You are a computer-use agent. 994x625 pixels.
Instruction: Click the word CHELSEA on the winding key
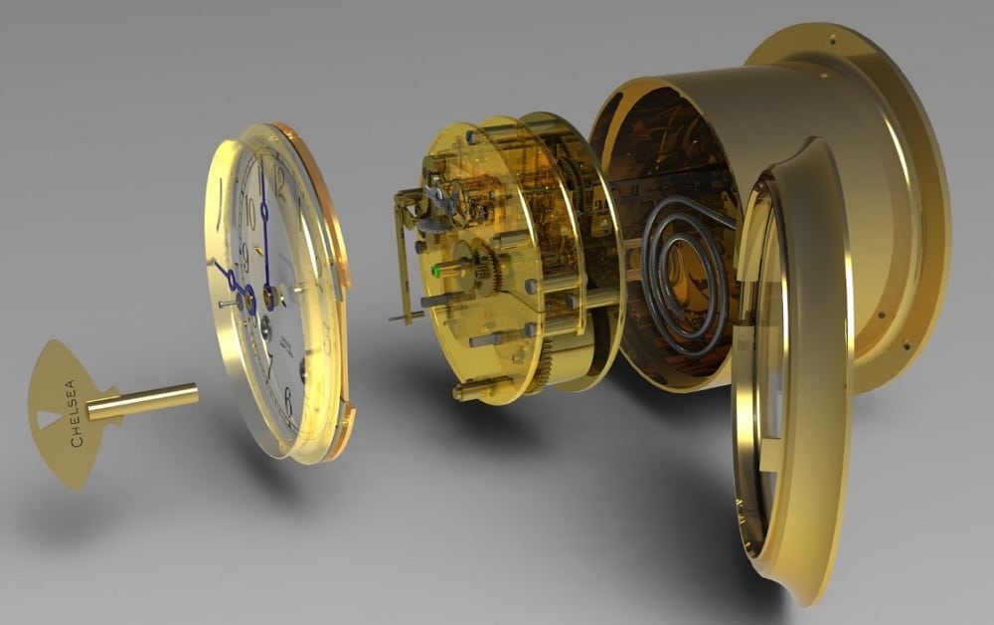73,412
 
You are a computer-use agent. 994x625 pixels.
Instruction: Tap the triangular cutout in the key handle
47,419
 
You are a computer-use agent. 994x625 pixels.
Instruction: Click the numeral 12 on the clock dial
279,180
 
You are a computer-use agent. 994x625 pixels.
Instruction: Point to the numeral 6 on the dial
288,399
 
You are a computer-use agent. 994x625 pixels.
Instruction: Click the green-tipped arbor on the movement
437,270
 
